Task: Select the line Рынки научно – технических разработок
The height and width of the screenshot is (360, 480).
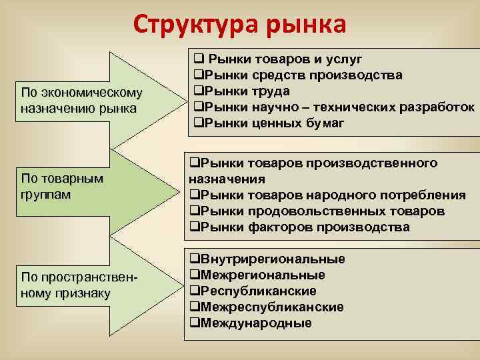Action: pyautogui.click(x=333, y=107)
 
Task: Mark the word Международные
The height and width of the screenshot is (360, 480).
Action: pyautogui.click(x=255, y=323)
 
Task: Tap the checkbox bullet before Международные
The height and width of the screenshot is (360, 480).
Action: pyautogui.click(x=194, y=323)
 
